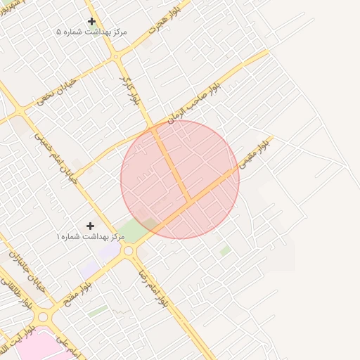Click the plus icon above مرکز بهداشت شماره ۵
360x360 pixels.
(91, 22)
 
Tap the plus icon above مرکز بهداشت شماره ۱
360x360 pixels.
(90, 226)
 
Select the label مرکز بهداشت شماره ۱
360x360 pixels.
(91, 236)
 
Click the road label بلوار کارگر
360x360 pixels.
(131, 89)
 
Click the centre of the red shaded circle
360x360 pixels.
(180, 179)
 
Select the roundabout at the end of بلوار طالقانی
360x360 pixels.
(43, 317)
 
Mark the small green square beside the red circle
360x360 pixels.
(225, 250)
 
